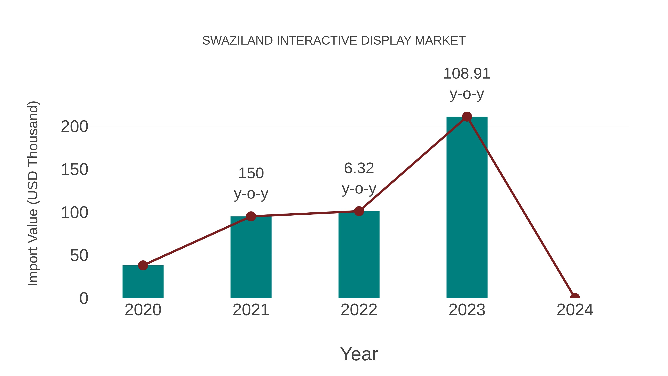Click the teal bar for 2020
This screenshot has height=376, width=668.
(143, 283)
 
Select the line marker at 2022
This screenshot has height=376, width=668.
(359, 211)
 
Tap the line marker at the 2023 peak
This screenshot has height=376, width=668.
(467, 117)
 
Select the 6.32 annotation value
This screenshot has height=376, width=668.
(359, 168)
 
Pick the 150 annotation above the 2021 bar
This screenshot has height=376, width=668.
(251, 173)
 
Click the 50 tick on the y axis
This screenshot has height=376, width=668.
(79, 256)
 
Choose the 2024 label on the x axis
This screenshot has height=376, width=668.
(575, 310)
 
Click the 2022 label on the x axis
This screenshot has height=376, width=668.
(359, 310)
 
